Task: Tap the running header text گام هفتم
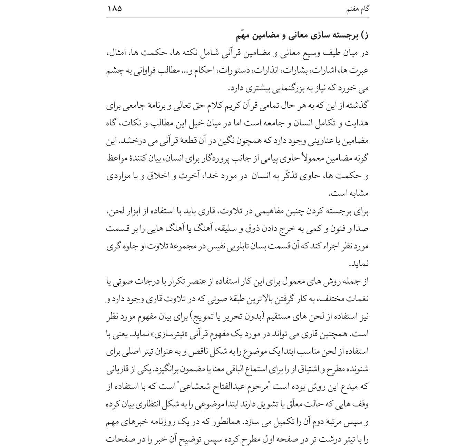point(358,9)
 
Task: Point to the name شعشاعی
point(200,387)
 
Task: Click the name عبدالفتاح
point(235,387)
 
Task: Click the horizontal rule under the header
point(238,17)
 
